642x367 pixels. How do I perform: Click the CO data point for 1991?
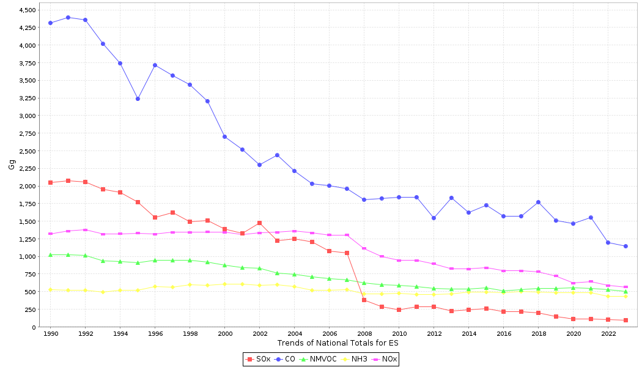pyautogui.click(x=68, y=17)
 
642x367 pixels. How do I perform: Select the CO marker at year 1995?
pyautogui.click(x=138, y=98)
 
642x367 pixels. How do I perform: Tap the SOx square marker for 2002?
pyautogui.click(x=259, y=223)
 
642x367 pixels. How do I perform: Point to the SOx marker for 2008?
pyautogui.click(x=364, y=300)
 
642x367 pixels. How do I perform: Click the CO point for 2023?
pyautogui.click(x=625, y=246)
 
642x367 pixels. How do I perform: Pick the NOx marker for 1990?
pyautogui.click(x=50, y=234)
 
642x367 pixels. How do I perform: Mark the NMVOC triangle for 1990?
pyautogui.click(x=50, y=254)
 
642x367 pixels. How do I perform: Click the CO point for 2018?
pyautogui.click(x=538, y=202)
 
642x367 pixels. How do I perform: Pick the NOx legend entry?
pyautogui.click(x=385, y=359)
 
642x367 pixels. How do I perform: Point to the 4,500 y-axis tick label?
pyautogui.click(x=28, y=10)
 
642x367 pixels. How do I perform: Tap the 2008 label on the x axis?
pyautogui.click(x=364, y=333)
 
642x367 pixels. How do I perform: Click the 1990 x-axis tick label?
pyautogui.click(x=50, y=333)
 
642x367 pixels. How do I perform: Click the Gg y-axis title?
pyautogui.click(x=12, y=164)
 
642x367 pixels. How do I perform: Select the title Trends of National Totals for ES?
pyautogui.click(x=338, y=343)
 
